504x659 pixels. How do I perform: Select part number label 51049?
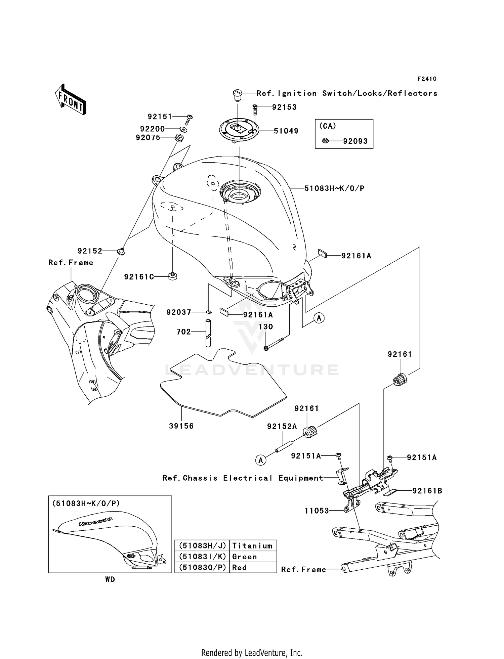click(286, 131)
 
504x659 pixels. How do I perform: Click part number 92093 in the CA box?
click(355, 141)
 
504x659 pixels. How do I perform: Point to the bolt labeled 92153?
click(255, 109)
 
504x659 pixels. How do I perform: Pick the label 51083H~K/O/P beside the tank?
click(334, 188)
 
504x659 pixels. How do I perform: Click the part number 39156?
click(181, 426)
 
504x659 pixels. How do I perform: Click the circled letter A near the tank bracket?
click(319, 317)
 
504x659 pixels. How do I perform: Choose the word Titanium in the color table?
click(252, 546)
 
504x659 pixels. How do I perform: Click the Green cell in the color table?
click(244, 557)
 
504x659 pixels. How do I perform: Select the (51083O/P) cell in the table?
click(202, 567)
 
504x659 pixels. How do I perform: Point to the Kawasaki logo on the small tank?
click(96, 521)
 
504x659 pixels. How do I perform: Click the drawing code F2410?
click(427, 79)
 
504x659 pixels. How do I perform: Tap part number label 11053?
click(317, 511)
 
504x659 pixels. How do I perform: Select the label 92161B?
click(427, 491)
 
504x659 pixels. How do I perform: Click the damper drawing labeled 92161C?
click(173, 276)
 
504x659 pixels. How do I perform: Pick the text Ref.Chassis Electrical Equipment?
click(243, 478)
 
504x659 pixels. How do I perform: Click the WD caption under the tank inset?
click(110, 579)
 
